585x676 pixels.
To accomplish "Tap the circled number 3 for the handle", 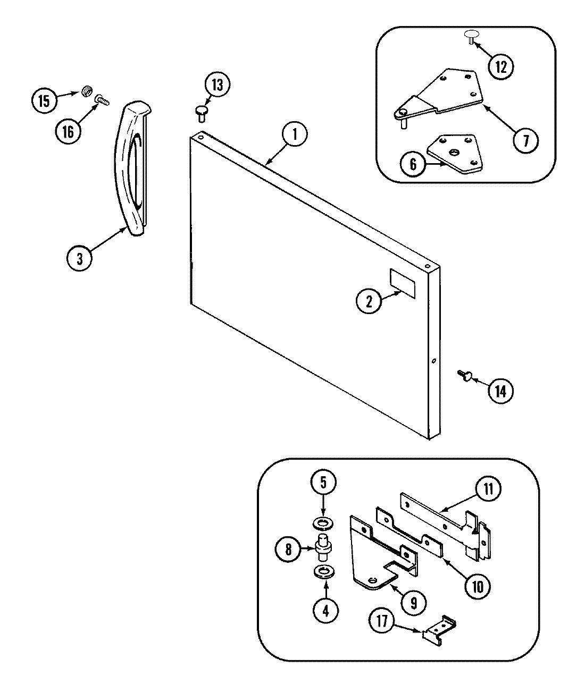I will click(x=79, y=258).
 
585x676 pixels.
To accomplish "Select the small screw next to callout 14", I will click(x=462, y=376).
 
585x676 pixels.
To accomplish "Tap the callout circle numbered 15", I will click(x=44, y=100).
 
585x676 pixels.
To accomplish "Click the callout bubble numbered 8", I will click(x=288, y=548).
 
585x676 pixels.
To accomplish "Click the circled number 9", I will click(x=416, y=602).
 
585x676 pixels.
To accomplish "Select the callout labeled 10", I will click(x=476, y=586).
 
